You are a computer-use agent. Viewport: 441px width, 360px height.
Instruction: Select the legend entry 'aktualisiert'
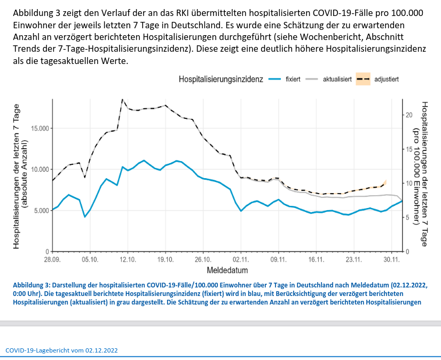point(337,79)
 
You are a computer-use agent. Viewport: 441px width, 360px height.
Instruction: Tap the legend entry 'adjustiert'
point(387,79)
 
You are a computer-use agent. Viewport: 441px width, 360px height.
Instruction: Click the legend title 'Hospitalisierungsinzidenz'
point(220,79)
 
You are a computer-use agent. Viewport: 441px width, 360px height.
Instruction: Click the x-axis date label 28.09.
point(52,260)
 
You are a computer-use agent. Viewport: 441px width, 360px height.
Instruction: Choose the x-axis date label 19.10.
point(166,260)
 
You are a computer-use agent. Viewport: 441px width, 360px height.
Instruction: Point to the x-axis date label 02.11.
point(241,260)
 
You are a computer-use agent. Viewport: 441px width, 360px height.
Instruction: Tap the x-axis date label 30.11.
point(392,260)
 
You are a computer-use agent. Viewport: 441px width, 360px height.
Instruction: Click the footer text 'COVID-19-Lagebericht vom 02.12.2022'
point(62,350)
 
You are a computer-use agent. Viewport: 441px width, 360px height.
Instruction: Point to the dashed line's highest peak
point(122,99)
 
